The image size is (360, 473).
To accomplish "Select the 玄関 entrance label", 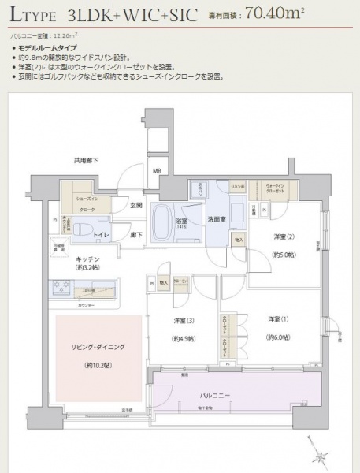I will coord(136,206).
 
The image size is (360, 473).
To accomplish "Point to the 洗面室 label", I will coord(217,218).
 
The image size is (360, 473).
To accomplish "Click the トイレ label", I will coord(100,234).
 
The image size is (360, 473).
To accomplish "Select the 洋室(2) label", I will coord(284,236).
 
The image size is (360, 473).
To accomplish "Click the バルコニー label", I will coord(236,393).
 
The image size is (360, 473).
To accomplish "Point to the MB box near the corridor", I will coord(156,170).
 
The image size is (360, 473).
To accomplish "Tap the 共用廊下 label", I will coord(86,161).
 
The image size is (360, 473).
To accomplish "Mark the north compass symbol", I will coord(321,456).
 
